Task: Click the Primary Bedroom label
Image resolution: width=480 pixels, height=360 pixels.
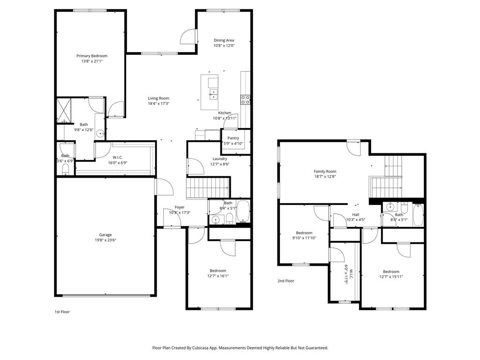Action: pos(92,56)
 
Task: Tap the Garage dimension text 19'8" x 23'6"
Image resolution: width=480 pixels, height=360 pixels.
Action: pos(105,240)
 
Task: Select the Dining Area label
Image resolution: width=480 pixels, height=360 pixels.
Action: pos(224,40)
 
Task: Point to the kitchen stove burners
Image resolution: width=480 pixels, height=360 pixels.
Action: pos(245,99)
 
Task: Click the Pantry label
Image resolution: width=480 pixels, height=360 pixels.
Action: pos(233,138)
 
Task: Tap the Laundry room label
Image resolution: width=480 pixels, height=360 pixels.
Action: pos(219,158)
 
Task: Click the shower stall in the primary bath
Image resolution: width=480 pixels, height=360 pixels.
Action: pos(63,110)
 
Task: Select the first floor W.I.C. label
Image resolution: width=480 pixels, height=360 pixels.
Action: pos(118,157)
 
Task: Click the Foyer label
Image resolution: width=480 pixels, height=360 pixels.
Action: pos(180,207)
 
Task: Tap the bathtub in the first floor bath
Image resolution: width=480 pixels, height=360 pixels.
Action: pos(243,212)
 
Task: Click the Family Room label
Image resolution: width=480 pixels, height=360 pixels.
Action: pos(325,172)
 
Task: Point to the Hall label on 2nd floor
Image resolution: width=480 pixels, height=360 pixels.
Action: pos(355,214)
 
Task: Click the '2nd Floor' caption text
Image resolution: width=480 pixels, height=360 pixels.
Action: pos(286,281)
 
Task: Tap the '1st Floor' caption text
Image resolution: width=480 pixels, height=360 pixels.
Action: pos(62,311)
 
